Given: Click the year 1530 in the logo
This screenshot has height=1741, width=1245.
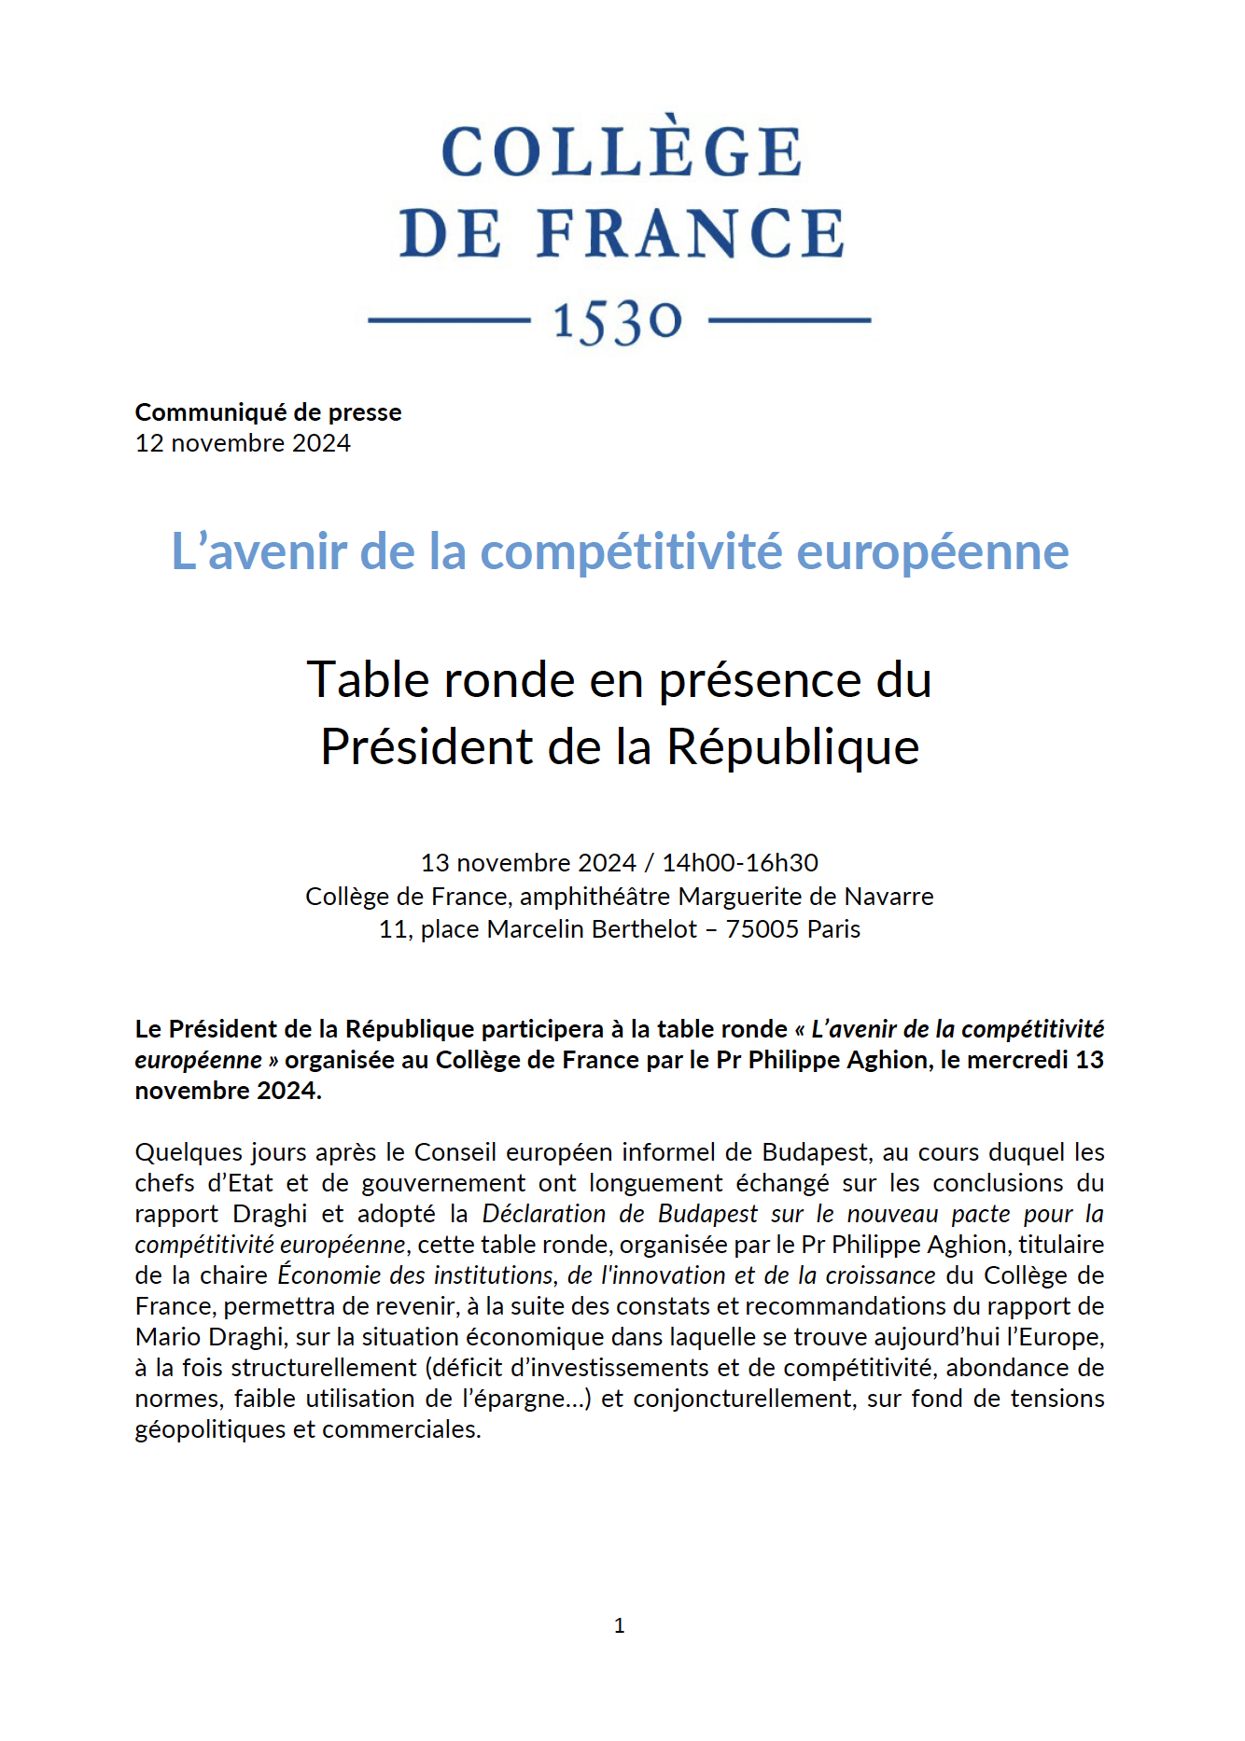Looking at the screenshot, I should [618, 322].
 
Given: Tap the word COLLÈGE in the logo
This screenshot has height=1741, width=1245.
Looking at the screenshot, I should [621, 151].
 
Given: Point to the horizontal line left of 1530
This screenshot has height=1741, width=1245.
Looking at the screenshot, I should [449, 320].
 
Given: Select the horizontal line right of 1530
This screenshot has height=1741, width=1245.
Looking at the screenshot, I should [790, 320].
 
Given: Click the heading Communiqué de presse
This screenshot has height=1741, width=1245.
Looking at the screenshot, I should [268, 412].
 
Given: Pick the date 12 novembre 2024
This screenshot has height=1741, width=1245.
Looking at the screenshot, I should [243, 443].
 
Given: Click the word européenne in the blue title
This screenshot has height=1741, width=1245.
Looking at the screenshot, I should [932, 551].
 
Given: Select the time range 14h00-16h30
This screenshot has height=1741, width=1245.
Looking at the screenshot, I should [740, 863].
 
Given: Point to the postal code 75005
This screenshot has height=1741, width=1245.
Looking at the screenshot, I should [762, 929].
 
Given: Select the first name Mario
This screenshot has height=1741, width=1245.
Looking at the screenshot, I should [165, 1337].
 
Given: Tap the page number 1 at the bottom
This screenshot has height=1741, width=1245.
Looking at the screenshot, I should [619, 1626].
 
